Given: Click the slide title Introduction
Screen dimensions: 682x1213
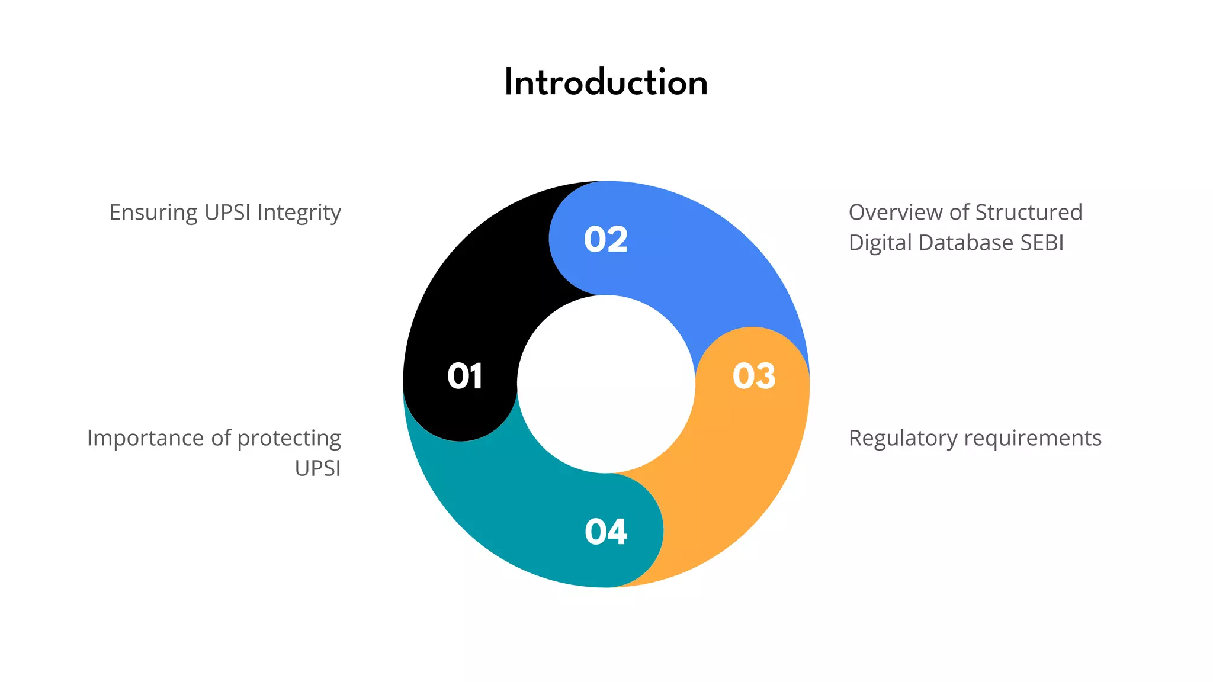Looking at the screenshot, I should coord(606,82).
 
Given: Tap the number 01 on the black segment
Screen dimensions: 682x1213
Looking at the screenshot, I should coord(465,377).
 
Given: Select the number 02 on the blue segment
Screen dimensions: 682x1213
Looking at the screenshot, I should coord(605,240).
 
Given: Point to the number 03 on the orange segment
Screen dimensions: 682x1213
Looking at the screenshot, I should coord(753,377).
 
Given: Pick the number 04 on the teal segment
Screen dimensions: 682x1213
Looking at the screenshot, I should coord(605,532).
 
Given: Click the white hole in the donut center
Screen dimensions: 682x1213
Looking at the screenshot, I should coord(606,384).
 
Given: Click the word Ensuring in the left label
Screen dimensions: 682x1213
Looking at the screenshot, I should coord(153,213).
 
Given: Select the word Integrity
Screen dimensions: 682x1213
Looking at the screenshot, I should coord(299,213).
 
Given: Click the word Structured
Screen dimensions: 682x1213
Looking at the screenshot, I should coord(1029,212).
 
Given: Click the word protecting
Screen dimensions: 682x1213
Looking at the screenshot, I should coord(289,439).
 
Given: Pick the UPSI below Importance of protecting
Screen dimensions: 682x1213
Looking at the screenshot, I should coord(317,468).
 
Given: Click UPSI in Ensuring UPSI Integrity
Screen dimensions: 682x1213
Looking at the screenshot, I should coord(227,212).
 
